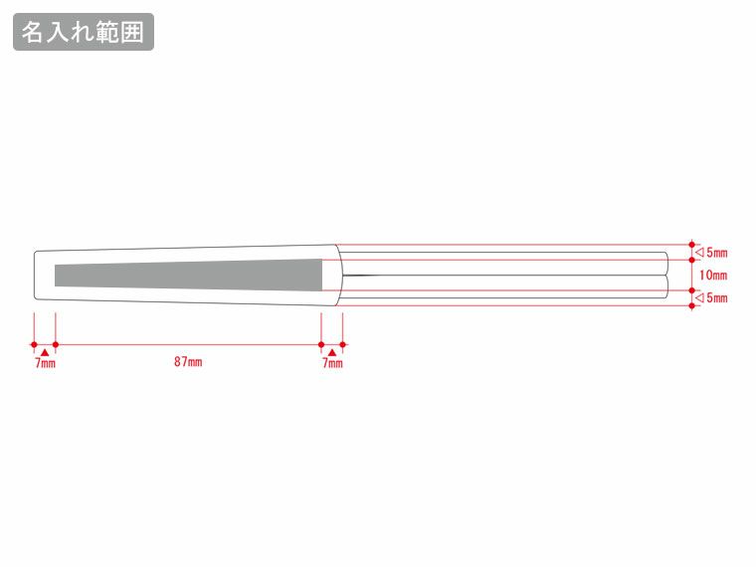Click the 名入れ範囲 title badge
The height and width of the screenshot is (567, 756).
pyautogui.click(x=84, y=32)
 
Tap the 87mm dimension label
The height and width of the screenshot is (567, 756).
pyautogui.click(x=188, y=362)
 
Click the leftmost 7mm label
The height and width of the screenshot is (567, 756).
pyautogui.click(x=45, y=364)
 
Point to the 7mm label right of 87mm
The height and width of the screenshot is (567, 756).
pyautogui.click(x=332, y=364)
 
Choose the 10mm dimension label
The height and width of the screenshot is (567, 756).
pyautogui.click(x=713, y=275)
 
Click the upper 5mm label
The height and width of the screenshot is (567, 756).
pyautogui.click(x=716, y=252)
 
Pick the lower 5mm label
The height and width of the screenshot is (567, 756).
pyautogui.click(x=716, y=297)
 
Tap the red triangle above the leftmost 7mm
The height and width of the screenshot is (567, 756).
pyautogui.click(x=45, y=352)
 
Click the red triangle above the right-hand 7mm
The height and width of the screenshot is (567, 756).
pyautogui.click(x=332, y=352)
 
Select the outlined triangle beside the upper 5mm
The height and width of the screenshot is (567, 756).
pyautogui.click(x=699, y=252)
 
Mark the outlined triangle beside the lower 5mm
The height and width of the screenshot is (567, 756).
pyautogui.click(x=699, y=297)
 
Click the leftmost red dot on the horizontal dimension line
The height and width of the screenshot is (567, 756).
pyautogui.click(x=35, y=345)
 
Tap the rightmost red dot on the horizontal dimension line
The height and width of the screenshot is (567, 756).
pyautogui.click(x=342, y=345)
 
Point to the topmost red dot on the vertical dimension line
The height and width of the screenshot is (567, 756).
pyautogui.click(x=693, y=243)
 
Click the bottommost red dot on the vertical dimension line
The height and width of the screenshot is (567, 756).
pyautogui.click(x=693, y=305)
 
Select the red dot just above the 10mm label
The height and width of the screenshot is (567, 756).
pyautogui.click(x=693, y=260)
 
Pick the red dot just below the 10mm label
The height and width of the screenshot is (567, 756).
pyautogui.click(x=693, y=289)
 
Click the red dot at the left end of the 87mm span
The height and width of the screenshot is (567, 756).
pyautogui.click(x=55, y=345)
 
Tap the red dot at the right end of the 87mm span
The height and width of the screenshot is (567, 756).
pyautogui.click(x=321, y=345)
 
